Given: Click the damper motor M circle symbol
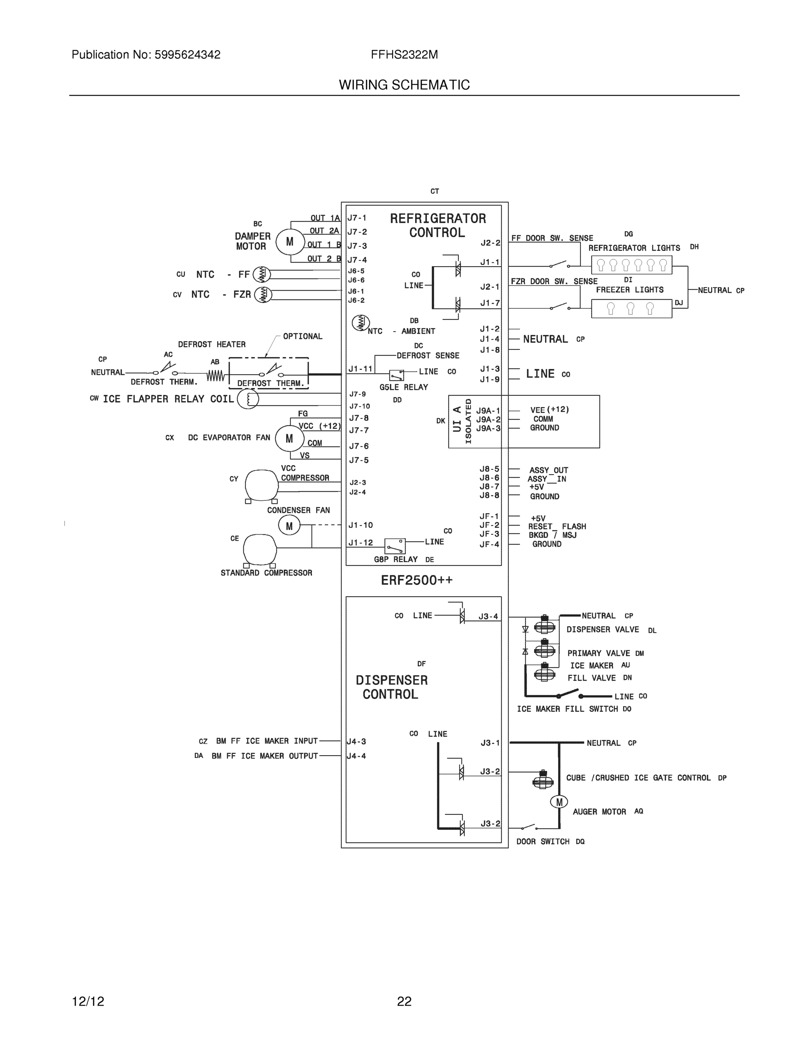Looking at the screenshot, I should click(290, 242).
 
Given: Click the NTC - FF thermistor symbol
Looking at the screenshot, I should click(262, 274).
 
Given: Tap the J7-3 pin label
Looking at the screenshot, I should click(358, 246).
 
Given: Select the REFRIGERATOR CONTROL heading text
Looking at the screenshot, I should click(437, 225).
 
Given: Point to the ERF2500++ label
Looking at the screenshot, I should click(416, 581).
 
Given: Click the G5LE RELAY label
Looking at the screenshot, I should click(403, 387).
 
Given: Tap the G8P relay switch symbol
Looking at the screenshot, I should click(395, 546).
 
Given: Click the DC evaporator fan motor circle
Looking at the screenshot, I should click(290, 438).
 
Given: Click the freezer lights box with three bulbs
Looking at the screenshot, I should click(631, 309).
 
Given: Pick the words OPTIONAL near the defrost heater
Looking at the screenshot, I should click(302, 336).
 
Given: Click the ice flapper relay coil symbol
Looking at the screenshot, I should click(248, 399).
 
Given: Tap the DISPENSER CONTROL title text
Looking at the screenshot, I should click(391, 687).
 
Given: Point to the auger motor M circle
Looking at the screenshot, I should click(559, 802).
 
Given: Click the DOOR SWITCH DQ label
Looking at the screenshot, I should click(550, 842).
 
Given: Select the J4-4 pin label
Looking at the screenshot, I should click(357, 756).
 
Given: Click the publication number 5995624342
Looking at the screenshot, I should click(188, 55).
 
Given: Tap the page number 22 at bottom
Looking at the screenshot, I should click(404, 1002).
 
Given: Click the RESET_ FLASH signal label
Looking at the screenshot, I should click(557, 527).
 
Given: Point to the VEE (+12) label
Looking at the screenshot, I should click(549, 410).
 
